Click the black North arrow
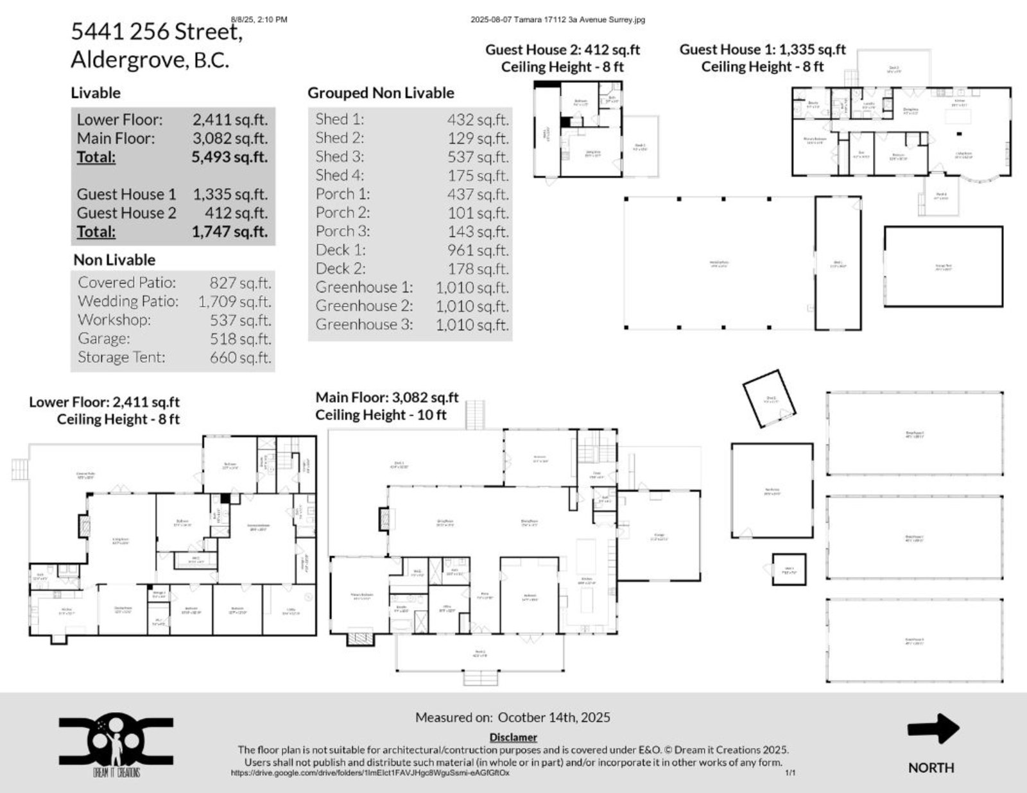click(x=933, y=729)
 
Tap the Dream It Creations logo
click(x=116, y=744)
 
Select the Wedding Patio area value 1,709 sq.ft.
click(x=234, y=302)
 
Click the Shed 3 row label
click(x=340, y=157)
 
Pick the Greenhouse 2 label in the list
click(x=364, y=306)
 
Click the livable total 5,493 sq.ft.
click(x=229, y=157)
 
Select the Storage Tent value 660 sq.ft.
click(x=240, y=357)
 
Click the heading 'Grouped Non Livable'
click(x=381, y=93)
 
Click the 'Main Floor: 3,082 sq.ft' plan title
click(x=387, y=398)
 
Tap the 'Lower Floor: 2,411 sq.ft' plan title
click(x=104, y=402)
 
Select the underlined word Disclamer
click(x=513, y=738)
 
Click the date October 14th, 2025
click(x=554, y=718)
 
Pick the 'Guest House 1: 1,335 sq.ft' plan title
click(x=763, y=49)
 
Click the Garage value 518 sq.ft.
click(x=240, y=339)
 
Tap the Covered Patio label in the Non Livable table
click(x=126, y=283)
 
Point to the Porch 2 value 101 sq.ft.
click(x=478, y=213)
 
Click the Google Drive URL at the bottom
click(x=370, y=773)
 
